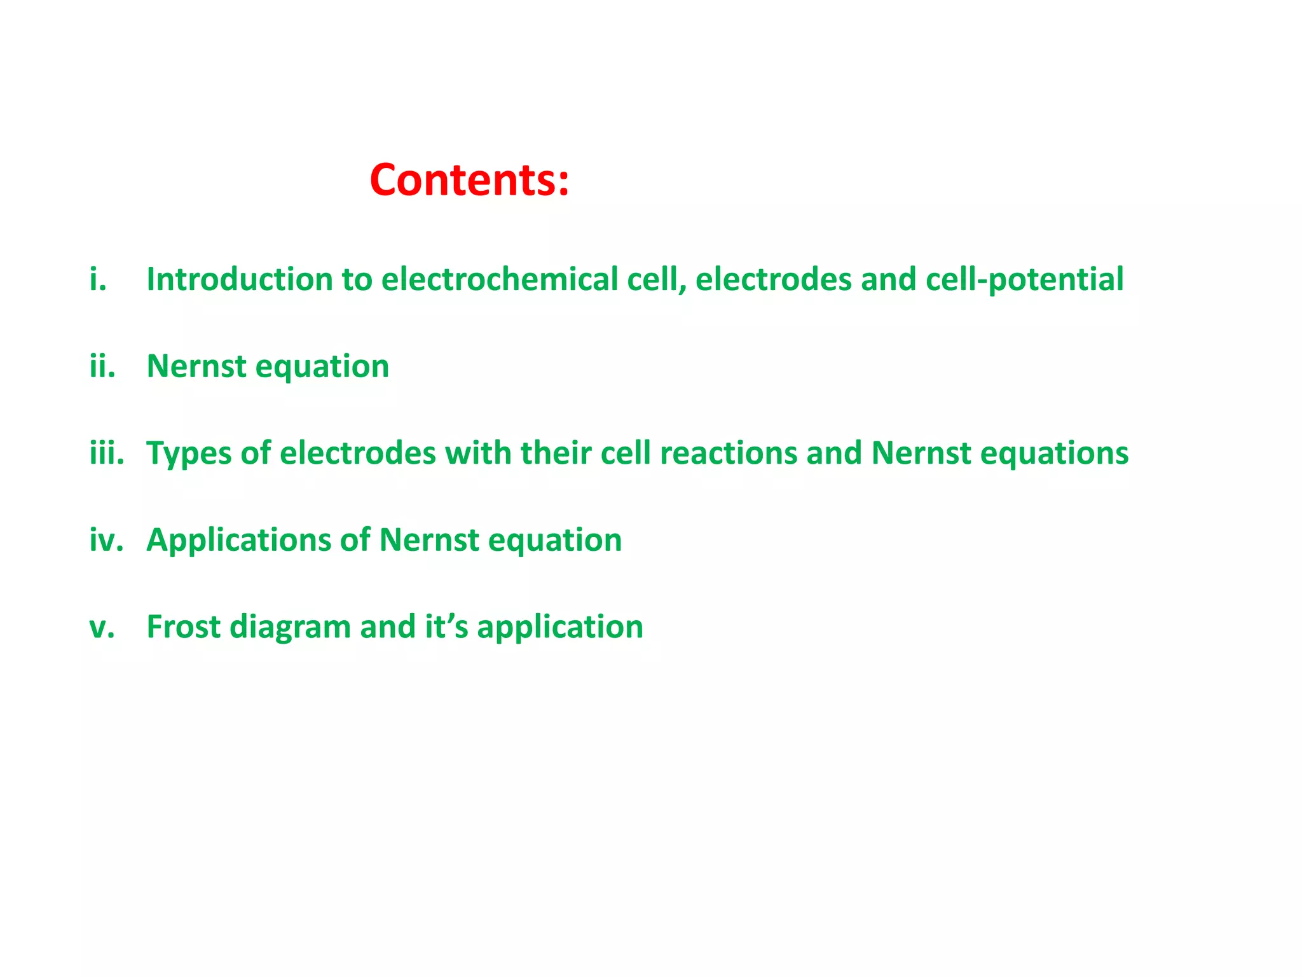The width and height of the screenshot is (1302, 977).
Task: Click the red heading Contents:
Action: coord(469,180)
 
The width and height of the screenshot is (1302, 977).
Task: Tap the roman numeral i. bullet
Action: coord(98,279)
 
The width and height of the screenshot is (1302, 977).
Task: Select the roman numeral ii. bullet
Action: coord(102,366)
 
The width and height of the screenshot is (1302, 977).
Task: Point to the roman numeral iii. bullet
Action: coord(106,453)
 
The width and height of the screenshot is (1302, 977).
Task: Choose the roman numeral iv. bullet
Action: coord(106,540)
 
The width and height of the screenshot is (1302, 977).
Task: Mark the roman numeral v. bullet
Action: coord(102,627)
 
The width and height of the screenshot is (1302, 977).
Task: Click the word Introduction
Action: coord(240,279)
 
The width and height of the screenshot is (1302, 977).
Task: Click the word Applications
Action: coord(239,540)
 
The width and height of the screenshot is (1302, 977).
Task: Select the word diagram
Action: coord(290,628)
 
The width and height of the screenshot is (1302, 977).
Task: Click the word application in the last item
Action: coord(559,628)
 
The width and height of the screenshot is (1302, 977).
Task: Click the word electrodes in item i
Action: coord(773,279)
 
